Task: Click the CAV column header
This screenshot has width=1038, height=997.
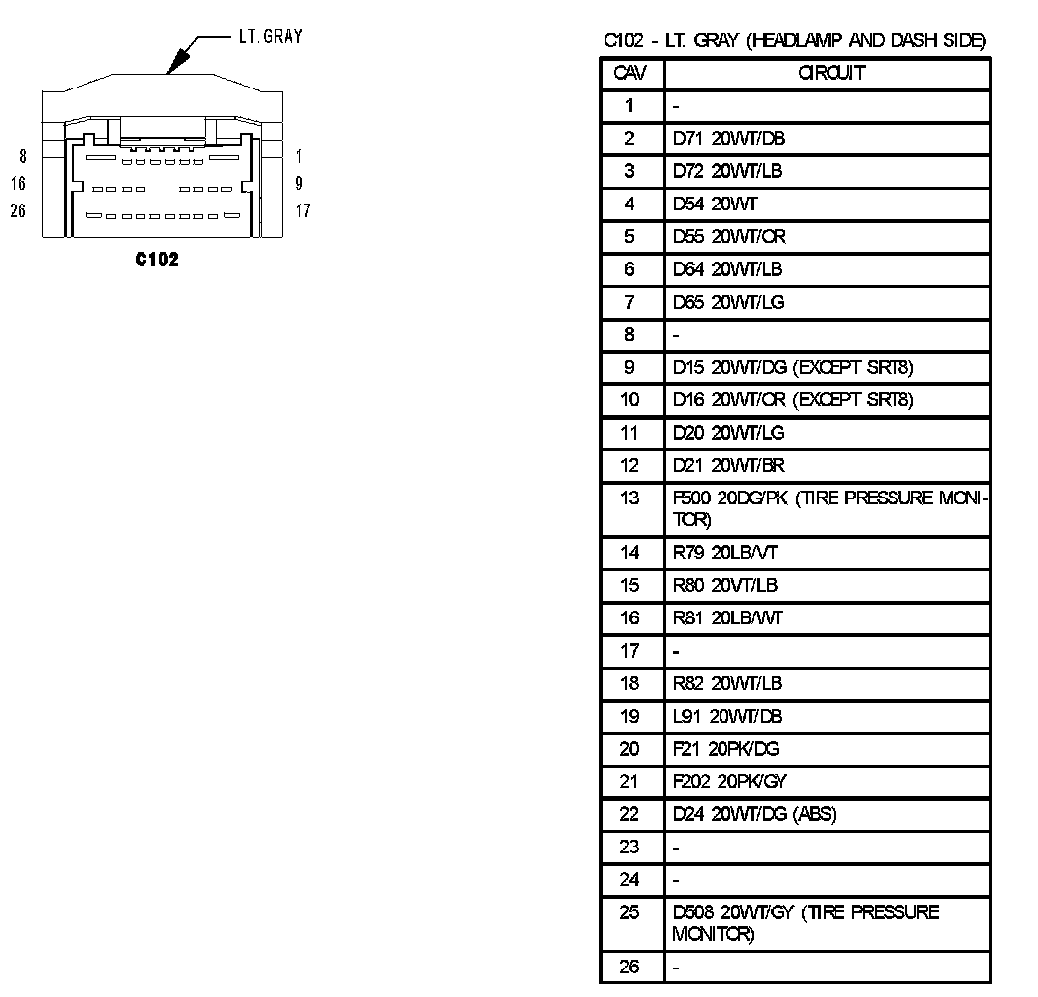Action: click(630, 73)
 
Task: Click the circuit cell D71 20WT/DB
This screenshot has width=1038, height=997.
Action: click(729, 138)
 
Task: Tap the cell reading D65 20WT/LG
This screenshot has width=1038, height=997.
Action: click(729, 302)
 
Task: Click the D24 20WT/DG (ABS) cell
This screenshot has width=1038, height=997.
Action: click(755, 814)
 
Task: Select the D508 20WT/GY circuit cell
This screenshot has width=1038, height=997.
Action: click(806, 922)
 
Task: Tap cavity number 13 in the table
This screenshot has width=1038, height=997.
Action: click(630, 498)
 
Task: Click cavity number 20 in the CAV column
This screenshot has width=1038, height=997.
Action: click(630, 749)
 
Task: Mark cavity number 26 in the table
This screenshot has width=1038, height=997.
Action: click(630, 967)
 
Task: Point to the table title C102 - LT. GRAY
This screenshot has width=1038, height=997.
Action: click(794, 40)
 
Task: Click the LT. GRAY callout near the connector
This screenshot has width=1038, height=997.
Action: click(269, 37)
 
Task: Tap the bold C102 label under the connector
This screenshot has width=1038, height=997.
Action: click(157, 260)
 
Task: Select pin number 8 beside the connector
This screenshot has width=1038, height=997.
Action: click(23, 156)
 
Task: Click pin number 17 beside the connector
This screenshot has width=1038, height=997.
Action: click(302, 210)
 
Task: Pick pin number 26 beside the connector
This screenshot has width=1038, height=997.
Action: click(19, 210)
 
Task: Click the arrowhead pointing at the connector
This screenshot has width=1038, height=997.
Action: click(176, 66)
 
